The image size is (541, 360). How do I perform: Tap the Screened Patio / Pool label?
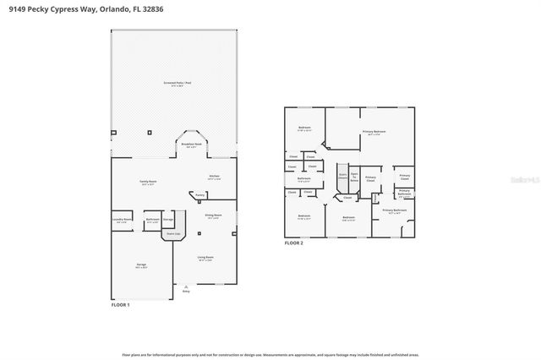(x=175, y=84)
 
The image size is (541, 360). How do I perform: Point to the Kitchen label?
(x=215, y=177)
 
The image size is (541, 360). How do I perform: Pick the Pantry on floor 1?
(x=200, y=194)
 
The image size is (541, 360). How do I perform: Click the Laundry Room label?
(x=122, y=220)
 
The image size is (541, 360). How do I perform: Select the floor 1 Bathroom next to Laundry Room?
(x=153, y=220)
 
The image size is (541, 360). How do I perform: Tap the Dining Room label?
(x=212, y=215)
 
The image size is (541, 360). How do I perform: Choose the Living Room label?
(x=206, y=257)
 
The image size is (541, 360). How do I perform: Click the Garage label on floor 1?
(x=141, y=265)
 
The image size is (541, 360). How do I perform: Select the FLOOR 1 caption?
(x=121, y=303)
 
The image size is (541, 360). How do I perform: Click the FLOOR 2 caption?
(x=293, y=243)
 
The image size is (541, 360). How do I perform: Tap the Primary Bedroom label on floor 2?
(x=374, y=132)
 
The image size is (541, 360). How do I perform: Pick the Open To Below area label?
(x=354, y=177)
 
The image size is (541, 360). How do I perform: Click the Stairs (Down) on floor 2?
(x=342, y=177)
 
